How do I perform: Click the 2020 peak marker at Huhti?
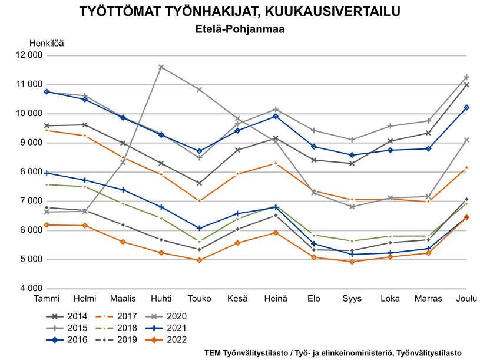[x=161, y=67]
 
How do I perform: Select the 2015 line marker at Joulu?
[x=466, y=77]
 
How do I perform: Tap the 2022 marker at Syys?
[x=352, y=262]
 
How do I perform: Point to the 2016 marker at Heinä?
[x=276, y=116]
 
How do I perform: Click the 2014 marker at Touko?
[x=199, y=183]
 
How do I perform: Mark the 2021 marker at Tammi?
[x=47, y=173]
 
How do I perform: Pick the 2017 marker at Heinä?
[x=276, y=163]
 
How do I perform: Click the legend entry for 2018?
[x=116, y=328]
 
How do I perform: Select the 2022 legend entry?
[x=165, y=340]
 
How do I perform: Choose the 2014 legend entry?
[x=67, y=316]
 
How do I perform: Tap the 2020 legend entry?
[x=165, y=316]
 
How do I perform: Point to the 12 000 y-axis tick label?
[x=29, y=55]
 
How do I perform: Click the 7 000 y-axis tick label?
[x=31, y=201]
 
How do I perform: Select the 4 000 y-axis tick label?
[x=31, y=288]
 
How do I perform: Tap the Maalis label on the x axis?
[x=123, y=299]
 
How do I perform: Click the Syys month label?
[x=352, y=299]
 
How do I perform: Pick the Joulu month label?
[x=466, y=299]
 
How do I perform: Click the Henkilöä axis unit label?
[x=47, y=44]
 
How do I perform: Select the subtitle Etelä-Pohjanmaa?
[x=240, y=29]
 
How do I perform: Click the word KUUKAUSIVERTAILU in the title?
[x=332, y=12]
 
